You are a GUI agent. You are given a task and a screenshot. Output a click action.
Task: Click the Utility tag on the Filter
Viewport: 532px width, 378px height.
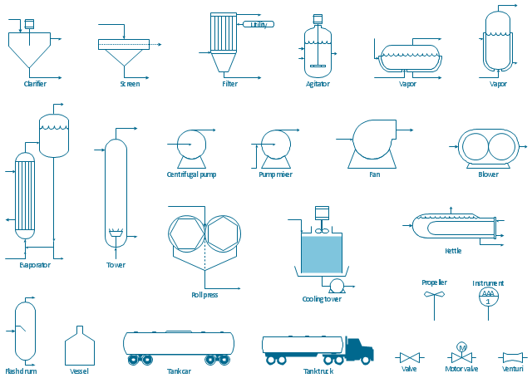pos(259,24)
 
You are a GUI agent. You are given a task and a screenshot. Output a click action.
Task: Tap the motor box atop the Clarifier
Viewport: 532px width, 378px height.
pos(30,24)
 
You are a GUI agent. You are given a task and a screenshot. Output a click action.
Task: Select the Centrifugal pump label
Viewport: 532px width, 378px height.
pos(191,174)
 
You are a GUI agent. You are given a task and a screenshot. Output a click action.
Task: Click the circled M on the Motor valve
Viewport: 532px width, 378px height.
pos(462,347)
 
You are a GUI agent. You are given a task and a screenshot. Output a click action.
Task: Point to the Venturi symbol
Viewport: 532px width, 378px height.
pos(512,358)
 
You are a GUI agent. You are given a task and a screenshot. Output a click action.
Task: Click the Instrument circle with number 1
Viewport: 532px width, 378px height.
pos(488,297)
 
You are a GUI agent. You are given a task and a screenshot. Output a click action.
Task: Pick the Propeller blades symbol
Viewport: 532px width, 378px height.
pos(434,294)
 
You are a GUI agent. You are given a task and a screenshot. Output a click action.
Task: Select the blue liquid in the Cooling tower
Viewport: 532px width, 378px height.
pos(322,254)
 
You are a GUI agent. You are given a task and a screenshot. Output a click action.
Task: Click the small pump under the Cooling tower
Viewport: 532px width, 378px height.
pos(337,286)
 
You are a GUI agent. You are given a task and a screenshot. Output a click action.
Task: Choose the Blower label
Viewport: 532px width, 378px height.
pos(488,174)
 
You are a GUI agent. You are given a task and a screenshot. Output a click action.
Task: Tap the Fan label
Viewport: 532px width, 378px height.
pos(375,174)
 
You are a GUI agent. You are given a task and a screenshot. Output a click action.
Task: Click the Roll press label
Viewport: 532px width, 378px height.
pos(204,295)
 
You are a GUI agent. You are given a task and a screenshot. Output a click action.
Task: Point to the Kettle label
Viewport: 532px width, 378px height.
pos(453,251)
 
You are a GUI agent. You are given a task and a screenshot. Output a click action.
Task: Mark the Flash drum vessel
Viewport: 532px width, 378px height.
pos(26,331)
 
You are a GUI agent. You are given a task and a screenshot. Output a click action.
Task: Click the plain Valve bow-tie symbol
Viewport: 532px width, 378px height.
pos(410,358)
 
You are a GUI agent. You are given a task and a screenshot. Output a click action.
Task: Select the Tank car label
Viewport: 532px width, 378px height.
pos(179,371)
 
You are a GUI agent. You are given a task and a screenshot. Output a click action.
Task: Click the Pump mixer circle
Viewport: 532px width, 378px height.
pos(276,145)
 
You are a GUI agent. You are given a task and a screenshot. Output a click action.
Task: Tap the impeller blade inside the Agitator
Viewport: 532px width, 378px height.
pos(318,66)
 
